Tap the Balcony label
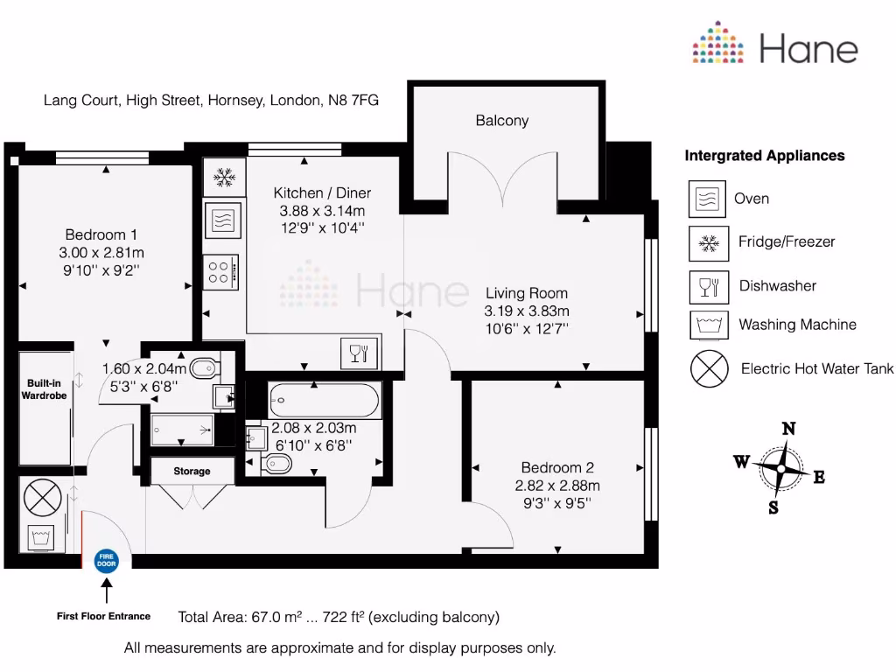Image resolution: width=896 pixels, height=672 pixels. pos(501,121)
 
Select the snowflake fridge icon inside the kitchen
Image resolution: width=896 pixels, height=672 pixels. pos(224,178)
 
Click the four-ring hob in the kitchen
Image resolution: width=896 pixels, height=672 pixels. pos(218,271)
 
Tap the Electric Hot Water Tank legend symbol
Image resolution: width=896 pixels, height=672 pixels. pos(709,368)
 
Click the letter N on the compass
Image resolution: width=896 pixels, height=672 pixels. pos(788,429)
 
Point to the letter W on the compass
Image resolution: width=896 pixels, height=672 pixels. pos(741,462)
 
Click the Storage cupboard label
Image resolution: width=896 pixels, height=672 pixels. pos(192,472)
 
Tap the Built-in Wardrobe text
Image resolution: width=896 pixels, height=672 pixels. pos(44,389)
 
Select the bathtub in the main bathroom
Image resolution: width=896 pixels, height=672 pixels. pos(324,402)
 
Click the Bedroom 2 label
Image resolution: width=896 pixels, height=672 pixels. pos(557,467)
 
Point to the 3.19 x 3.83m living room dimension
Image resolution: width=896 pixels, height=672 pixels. pos(526,311)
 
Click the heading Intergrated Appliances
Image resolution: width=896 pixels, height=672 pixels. pos(764,156)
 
